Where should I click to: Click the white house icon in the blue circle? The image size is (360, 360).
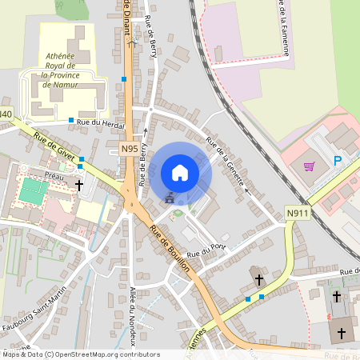180,173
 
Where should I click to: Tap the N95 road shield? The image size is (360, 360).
130,149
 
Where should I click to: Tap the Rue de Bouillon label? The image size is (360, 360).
169,248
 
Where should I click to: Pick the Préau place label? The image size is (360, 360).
54,173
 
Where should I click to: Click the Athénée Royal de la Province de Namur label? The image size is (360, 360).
68,70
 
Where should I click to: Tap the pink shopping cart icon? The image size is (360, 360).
310,166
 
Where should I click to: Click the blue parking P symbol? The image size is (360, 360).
338,162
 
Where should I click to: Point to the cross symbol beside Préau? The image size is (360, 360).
79,185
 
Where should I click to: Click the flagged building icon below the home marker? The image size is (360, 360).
169,197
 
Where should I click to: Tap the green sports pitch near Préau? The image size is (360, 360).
33,190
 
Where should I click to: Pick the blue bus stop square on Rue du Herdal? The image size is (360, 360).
71,120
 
